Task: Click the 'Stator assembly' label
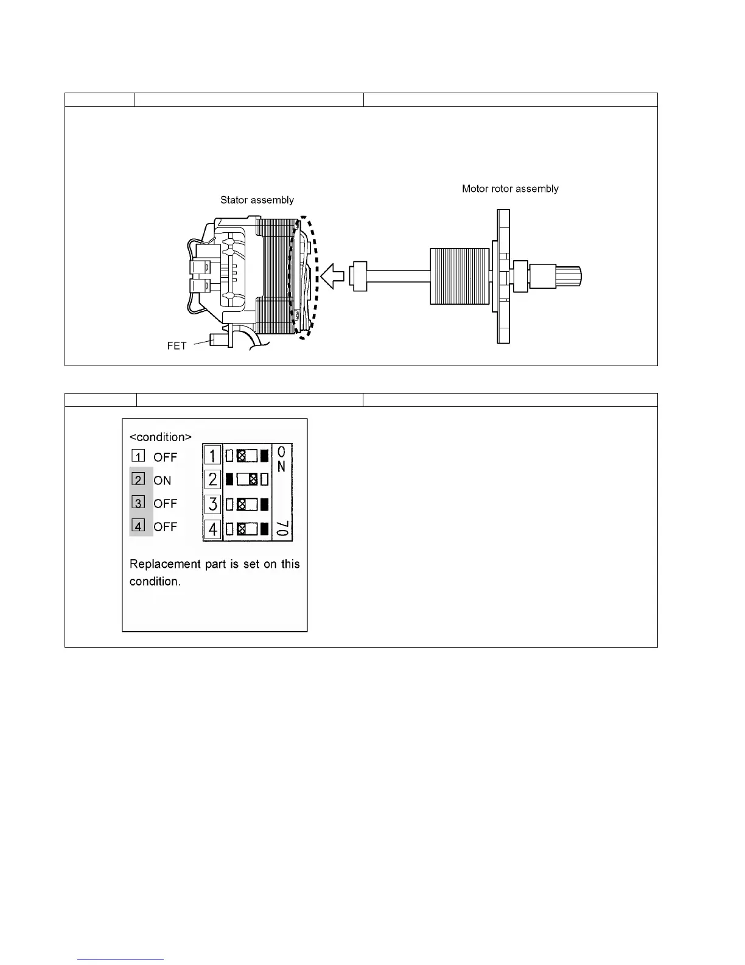[x=257, y=200]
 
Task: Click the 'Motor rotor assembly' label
[x=510, y=189]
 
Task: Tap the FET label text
[x=177, y=346]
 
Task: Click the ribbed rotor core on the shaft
[x=460, y=276]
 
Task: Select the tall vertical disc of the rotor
[x=503, y=277]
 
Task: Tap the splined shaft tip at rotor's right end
[x=569, y=277]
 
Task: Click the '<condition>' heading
[x=161, y=437]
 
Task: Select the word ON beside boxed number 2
[x=163, y=481]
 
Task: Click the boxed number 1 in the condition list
[x=138, y=456]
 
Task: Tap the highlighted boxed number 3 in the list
[x=139, y=503]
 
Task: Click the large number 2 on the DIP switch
[x=212, y=479]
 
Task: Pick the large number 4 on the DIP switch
[x=212, y=529]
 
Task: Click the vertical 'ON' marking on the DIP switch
[x=281, y=460]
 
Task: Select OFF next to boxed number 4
[x=165, y=527]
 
